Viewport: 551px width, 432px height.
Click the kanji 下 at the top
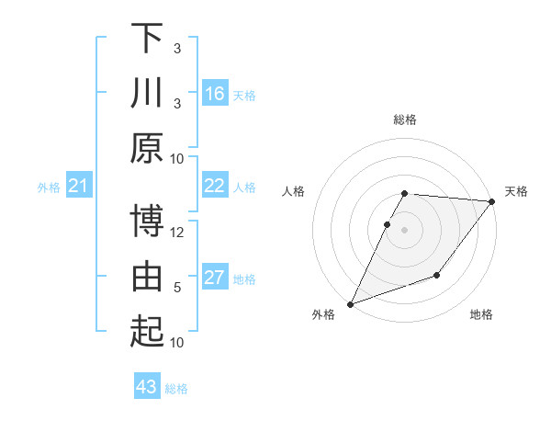tap(146, 39)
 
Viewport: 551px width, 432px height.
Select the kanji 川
tap(146, 94)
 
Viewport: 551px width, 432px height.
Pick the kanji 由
tap(146, 277)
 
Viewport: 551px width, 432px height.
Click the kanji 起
tap(146, 332)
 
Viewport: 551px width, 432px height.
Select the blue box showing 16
tap(215, 94)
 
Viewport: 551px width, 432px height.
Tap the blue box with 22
tap(215, 186)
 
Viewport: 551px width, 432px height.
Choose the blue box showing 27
tap(215, 278)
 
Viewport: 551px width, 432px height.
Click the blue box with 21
tap(78, 187)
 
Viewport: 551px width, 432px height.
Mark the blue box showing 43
tap(146, 387)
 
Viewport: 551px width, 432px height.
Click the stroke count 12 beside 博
tap(178, 232)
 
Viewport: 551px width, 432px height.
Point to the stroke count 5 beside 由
tap(177, 288)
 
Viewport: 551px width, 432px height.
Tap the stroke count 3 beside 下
tap(177, 49)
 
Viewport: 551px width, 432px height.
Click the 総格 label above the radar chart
tap(405, 119)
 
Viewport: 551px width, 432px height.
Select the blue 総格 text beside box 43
tap(176, 389)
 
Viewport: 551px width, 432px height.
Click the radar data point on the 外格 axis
tap(350, 303)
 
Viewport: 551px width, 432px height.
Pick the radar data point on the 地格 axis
tap(437, 275)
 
